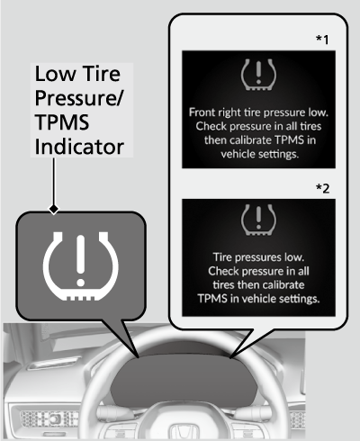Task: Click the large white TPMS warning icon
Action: (80, 265)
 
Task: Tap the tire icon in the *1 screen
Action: (258, 75)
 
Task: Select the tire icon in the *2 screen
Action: (258, 220)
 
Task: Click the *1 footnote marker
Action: (322, 40)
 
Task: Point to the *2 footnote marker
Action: (322, 188)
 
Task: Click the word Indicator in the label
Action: (79, 147)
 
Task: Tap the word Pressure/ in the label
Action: (79, 99)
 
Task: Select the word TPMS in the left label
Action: (62, 122)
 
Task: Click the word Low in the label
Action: (56, 74)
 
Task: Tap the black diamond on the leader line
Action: (54, 208)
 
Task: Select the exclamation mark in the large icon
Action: (80, 260)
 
